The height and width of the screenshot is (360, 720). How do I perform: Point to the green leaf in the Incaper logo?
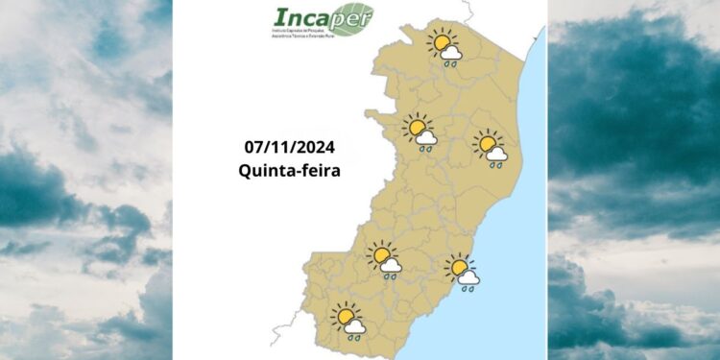(354, 16)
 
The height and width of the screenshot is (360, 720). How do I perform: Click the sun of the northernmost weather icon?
(442, 42)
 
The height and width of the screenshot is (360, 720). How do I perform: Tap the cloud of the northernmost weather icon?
(452, 53)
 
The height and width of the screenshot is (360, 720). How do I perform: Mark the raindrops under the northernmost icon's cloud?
(449, 64)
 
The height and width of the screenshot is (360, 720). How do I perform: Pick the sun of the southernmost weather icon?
(345, 315)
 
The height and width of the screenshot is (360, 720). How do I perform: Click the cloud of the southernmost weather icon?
(355, 326)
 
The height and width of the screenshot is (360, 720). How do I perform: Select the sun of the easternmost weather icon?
(488, 144)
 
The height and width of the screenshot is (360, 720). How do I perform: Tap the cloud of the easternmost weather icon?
(497, 154)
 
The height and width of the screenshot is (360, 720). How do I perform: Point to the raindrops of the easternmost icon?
(495, 165)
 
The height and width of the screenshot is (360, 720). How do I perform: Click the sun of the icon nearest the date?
(418, 128)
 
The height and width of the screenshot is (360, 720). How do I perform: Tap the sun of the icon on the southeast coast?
(459, 266)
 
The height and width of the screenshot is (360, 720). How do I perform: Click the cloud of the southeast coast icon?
(469, 276)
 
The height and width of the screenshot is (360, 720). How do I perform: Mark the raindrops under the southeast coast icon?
(467, 287)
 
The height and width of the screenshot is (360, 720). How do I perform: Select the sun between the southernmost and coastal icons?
(381, 255)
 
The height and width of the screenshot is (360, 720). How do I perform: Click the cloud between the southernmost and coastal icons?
(392, 266)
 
